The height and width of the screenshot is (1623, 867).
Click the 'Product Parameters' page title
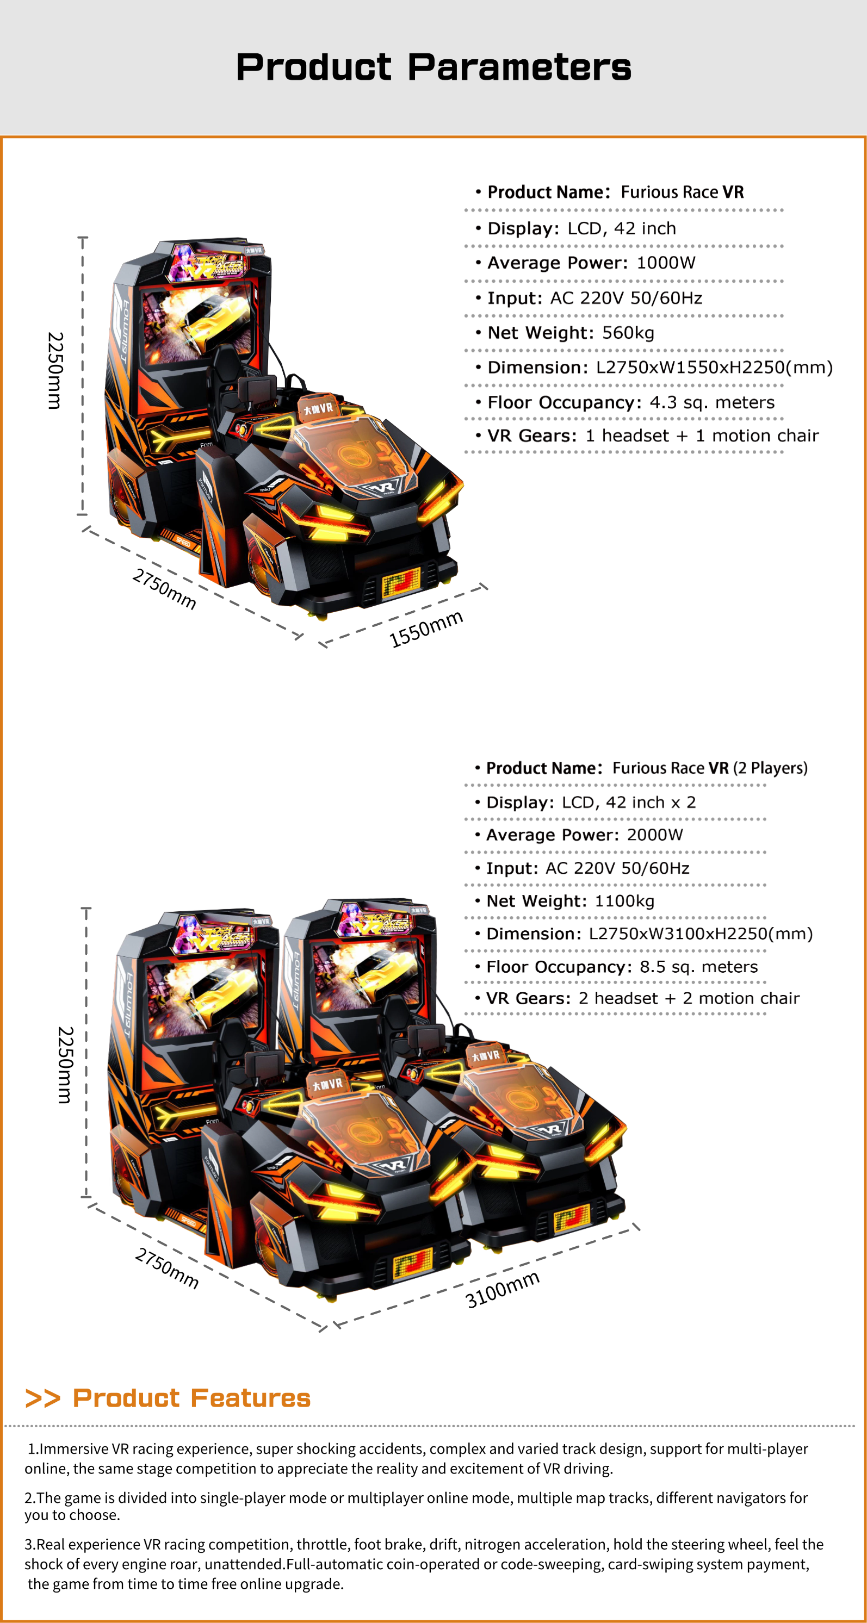click(433, 67)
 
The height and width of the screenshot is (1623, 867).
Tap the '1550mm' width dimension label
click(426, 628)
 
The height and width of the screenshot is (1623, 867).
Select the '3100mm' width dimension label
click(502, 1289)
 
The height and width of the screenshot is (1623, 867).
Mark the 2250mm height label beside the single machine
click(55, 370)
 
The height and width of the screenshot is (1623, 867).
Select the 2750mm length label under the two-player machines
click(167, 1268)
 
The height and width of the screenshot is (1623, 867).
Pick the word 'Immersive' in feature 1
click(74, 1448)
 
